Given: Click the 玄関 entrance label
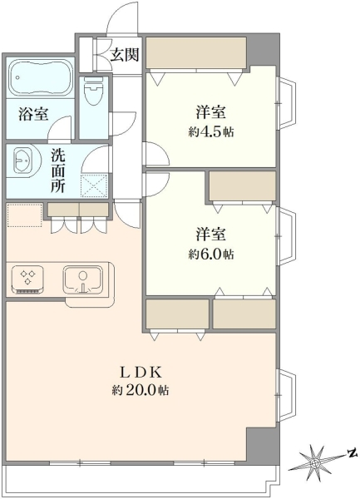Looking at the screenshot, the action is click(x=125, y=55).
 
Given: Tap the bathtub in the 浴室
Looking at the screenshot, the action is click(x=41, y=77).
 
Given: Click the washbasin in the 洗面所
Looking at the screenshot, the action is click(x=22, y=160).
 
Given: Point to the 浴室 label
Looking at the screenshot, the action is click(x=34, y=114).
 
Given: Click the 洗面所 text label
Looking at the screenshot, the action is click(x=58, y=171).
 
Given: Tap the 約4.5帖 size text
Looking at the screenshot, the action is click(x=211, y=132).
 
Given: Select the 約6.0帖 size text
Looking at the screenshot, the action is click(x=211, y=254).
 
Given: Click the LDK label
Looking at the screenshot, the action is click(x=141, y=373).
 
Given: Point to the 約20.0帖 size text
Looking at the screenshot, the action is click(x=141, y=390).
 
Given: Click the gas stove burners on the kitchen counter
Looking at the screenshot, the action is click(x=27, y=279).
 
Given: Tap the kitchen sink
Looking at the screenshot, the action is click(x=83, y=279).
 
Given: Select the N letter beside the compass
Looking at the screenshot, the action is click(x=352, y=453).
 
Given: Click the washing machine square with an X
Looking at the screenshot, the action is click(x=95, y=185).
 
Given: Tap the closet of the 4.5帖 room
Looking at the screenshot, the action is click(x=196, y=53).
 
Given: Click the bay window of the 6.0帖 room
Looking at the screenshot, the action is click(x=286, y=236).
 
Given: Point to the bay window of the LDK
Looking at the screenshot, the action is click(x=286, y=394).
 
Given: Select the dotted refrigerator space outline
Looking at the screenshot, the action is click(x=24, y=215).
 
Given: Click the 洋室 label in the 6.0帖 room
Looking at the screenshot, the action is click(x=211, y=235).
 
